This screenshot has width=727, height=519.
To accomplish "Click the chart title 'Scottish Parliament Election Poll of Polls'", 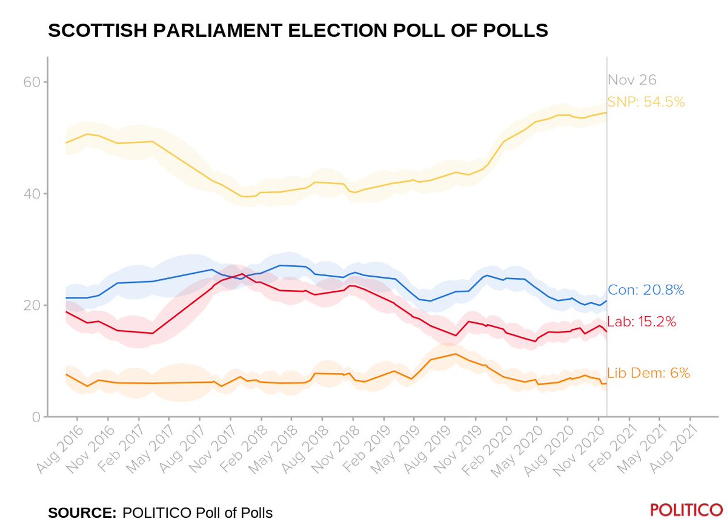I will click(298, 31).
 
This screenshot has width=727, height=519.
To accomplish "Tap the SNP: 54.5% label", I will click(646, 102).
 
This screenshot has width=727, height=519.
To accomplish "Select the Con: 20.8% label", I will click(646, 290).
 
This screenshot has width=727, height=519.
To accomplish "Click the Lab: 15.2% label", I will click(642, 322).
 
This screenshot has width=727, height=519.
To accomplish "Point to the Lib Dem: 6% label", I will click(648, 373).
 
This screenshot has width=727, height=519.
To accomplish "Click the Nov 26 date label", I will click(632, 80).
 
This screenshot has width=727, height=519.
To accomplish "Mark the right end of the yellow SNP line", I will click(606, 113).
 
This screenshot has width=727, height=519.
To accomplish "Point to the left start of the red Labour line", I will click(66, 311).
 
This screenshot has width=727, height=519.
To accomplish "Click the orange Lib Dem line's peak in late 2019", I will click(454, 354).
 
